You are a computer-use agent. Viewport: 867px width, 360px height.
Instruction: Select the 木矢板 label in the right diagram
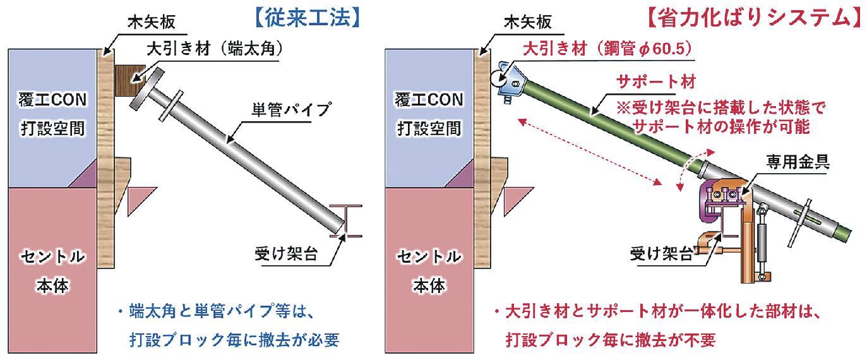click(x=528, y=24)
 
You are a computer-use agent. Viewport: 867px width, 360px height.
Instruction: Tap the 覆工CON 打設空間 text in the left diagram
click(x=52, y=114)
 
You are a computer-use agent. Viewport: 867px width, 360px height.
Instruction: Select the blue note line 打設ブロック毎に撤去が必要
click(x=233, y=340)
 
